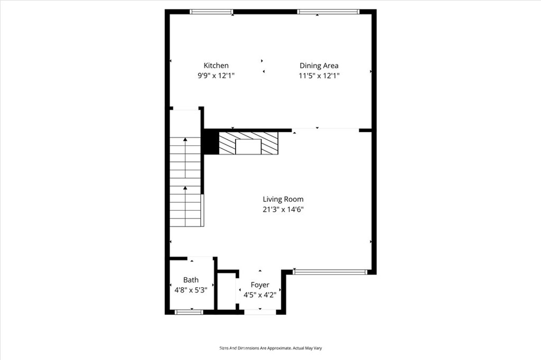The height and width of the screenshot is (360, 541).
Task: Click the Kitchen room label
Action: pyautogui.click(x=216, y=65)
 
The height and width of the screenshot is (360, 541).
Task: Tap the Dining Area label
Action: pyautogui.click(x=319, y=66)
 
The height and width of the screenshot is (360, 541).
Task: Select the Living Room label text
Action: pyautogui.click(x=283, y=200)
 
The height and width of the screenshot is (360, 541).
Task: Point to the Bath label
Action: pyautogui.click(x=191, y=280)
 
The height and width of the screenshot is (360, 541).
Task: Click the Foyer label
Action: pyautogui.click(x=260, y=285)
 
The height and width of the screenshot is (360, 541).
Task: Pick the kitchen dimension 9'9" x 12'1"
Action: pyautogui.click(x=216, y=76)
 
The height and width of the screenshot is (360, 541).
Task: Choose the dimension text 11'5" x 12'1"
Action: pyautogui.click(x=319, y=76)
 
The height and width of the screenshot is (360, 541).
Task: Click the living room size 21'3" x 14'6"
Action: pyautogui.click(x=283, y=210)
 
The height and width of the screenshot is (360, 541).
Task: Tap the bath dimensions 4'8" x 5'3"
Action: pyautogui.click(x=191, y=290)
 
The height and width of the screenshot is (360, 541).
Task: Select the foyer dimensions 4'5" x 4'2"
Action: pyautogui.click(x=260, y=295)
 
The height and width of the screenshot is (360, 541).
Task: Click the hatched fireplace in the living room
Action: pyautogui.click(x=248, y=143)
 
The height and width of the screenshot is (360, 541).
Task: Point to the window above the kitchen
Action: pyautogui.click(x=211, y=12)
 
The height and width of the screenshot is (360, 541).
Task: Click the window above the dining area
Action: pyautogui.click(x=329, y=12)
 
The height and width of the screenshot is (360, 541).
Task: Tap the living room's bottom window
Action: pyautogui.click(x=330, y=272)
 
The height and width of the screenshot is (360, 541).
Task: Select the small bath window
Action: pyautogui.click(x=189, y=312)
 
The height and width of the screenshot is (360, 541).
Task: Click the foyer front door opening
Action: pyautogui.click(x=260, y=312)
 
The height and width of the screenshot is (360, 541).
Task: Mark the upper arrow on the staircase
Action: pyautogui.click(x=185, y=158)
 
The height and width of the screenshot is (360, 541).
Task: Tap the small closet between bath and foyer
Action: pyautogui.click(x=226, y=292)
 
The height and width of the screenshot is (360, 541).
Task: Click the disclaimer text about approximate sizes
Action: pyautogui.click(x=270, y=348)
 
